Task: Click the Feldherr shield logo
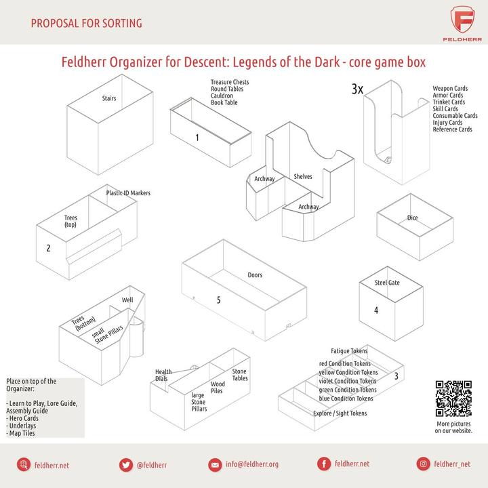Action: tap(462, 20)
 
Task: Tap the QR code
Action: tap(453, 398)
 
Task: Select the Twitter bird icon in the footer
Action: tap(126, 465)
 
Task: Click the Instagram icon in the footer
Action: tap(423, 464)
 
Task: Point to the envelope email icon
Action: tap(215, 465)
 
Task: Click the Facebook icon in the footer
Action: tap(324, 464)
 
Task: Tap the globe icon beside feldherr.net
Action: tap(24, 465)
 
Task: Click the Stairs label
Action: tap(109, 98)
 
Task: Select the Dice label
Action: tap(412, 218)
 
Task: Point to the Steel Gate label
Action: tap(387, 283)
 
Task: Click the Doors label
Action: tap(255, 274)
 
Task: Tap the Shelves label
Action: tap(303, 176)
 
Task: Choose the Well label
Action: tap(127, 300)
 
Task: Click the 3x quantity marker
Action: tap(357, 89)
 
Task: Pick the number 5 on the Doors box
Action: tap(218, 300)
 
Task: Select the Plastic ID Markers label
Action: tap(128, 193)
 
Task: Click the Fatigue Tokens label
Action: tap(349, 351)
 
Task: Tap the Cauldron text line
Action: tap(222, 96)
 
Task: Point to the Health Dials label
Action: tap(163, 375)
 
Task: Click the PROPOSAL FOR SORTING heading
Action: tap(86, 23)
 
